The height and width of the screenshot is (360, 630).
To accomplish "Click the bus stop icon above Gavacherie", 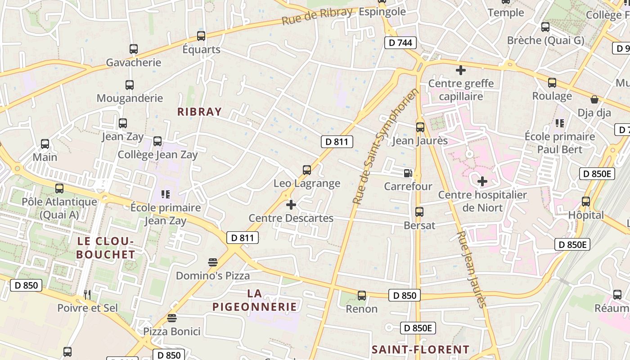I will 134,49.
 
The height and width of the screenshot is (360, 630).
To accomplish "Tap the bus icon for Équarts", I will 201,36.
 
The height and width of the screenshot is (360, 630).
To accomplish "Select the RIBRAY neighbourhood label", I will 199,112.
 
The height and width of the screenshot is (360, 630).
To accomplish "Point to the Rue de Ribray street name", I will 317,16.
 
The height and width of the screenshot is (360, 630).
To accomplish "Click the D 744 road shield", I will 400,43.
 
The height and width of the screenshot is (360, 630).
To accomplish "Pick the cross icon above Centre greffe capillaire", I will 460,70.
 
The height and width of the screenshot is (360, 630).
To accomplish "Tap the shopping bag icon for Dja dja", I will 594,99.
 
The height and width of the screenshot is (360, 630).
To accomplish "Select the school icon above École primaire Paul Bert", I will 560,123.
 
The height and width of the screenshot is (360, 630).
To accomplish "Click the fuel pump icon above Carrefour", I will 408,173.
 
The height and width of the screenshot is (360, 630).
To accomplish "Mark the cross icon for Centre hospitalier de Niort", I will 482,181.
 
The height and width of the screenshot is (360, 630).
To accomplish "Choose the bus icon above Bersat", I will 419,211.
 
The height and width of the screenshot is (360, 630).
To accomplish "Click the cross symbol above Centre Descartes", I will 291,205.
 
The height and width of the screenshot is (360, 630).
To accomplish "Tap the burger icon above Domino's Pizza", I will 213,262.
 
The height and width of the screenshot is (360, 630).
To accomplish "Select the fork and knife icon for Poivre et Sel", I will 87,295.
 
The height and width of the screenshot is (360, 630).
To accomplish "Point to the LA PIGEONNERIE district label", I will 255,300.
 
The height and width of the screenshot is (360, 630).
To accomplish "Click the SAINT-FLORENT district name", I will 420,349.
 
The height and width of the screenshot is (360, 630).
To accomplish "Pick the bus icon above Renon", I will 362,296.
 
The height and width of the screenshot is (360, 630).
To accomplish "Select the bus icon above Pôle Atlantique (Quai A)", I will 59,189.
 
